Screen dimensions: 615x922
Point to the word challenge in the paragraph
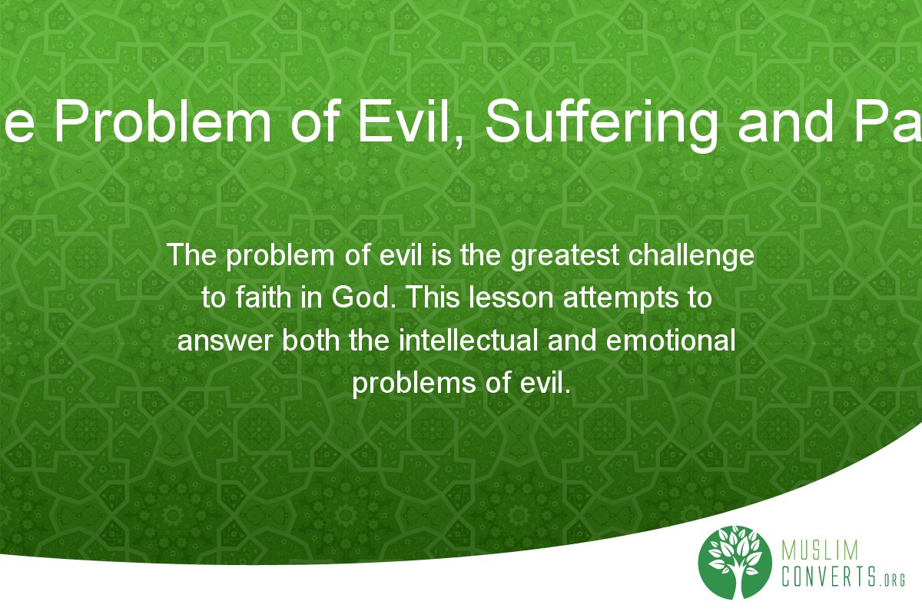coord(696,255)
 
